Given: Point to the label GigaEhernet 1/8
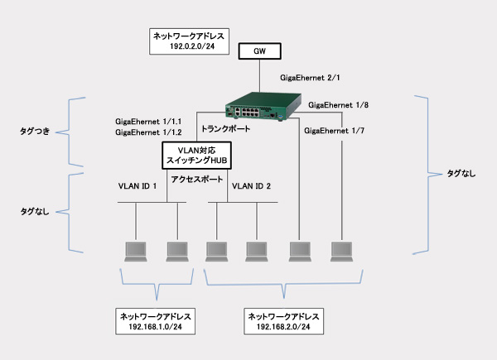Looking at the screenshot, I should click(x=339, y=105).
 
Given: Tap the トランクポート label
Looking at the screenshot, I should click(x=226, y=129).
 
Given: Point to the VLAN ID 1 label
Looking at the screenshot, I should click(x=137, y=187).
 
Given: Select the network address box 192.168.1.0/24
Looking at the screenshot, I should click(x=157, y=321).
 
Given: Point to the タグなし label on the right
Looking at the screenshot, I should click(x=461, y=173).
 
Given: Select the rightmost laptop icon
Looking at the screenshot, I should click(x=342, y=251).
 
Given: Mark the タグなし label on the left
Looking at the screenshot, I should click(x=35, y=212).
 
